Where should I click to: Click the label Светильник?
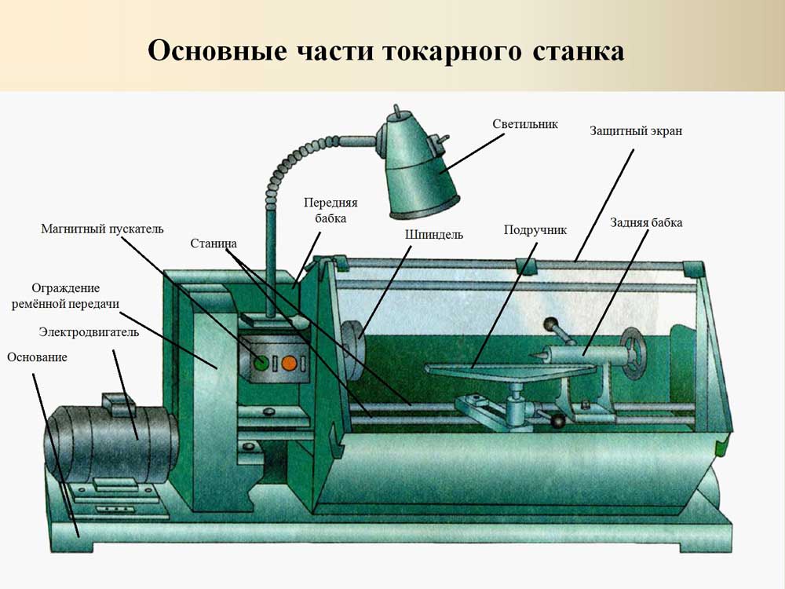pyautogui.click(x=525, y=124)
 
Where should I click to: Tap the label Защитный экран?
pyautogui.click(x=636, y=131)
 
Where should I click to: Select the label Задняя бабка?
pyautogui.click(x=646, y=222)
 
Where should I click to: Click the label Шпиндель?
pyautogui.click(x=434, y=234)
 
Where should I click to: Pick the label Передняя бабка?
pyautogui.click(x=325, y=210)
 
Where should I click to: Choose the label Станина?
pyautogui.click(x=213, y=243)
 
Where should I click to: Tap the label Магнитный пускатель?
pyautogui.click(x=102, y=229)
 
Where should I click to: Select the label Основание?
pyautogui.click(x=37, y=357)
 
